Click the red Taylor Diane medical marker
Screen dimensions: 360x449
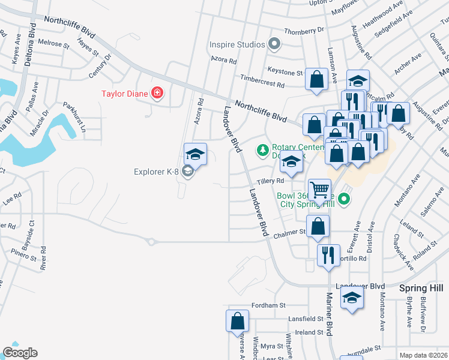[157, 93]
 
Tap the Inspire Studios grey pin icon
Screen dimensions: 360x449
[275, 44]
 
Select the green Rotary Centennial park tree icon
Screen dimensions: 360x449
[262, 149]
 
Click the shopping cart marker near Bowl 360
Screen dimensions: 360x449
[320, 190]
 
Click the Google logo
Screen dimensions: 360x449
[20, 353]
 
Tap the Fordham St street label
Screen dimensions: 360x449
[268, 305]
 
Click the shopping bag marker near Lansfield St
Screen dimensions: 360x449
[237, 320]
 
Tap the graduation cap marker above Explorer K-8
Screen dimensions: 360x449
[195, 154]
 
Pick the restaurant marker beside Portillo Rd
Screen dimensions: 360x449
[328, 255]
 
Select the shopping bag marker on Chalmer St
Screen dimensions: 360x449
[318, 226]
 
